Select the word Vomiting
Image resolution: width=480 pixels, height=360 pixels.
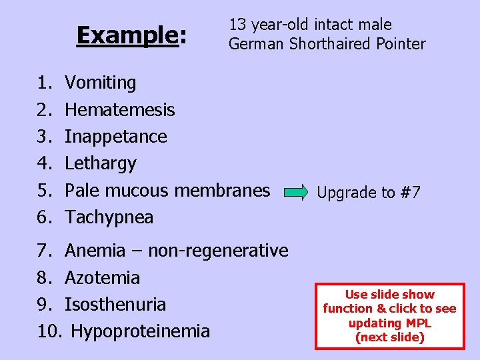pyautogui.click(x=100, y=83)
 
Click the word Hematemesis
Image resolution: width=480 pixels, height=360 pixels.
pyautogui.click(x=119, y=110)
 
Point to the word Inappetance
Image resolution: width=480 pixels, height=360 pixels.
pyautogui.click(x=115, y=137)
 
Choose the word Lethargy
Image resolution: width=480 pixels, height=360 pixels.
pyautogui.click(x=100, y=163)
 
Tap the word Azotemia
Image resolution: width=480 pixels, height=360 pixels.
pyautogui.click(x=102, y=278)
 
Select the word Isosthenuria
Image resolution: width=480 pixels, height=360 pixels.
pyautogui.click(x=115, y=305)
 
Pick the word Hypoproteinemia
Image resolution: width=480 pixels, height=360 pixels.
pyautogui.click(x=140, y=331)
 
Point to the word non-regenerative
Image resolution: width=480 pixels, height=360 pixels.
pyautogui.click(x=218, y=251)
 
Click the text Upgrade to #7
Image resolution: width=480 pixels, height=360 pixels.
pyautogui.click(x=369, y=193)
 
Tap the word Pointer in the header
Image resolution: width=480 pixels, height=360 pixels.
pyautogui.click(x=399, y=44)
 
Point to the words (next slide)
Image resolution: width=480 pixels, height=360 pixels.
pyautogui.click(x=390, y=337)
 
